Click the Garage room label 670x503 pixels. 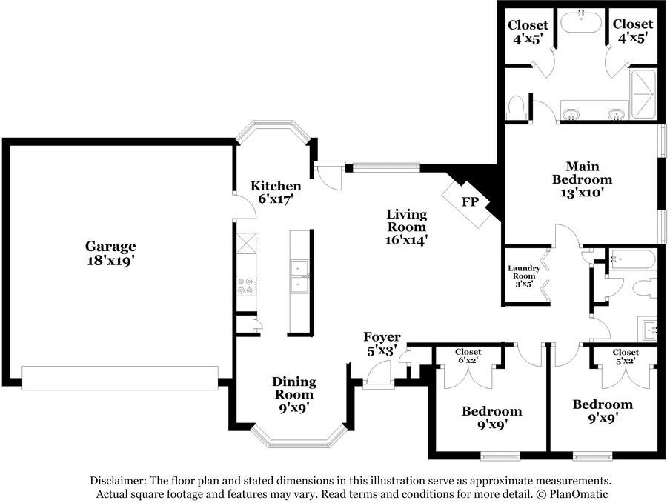pyautogui.click(x=110, y=246)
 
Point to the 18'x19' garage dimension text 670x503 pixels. pyautogui.click(x=110, y=261)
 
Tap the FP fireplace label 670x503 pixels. pyautogui.click(x=470, y=201)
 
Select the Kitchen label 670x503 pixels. pyautogui.click(x=276, y=186)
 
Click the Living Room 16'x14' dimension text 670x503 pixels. pyautogui.click(x=406, y=240)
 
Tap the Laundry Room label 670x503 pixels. pyautogui.click(x=524, y=272)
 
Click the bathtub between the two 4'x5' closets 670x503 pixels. pyautogui.click(x=580, y=23)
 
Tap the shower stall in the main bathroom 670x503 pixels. pyautogui.click(x=643, y=94)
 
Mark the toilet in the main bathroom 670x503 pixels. pyautogui.click(x=516, y=107)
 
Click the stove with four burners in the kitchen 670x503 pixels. pyautogui.click(x=246, y=285)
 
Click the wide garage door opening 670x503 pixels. pyautogui.click(x=120, y=377)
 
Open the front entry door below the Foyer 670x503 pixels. pyautogui.click(x=379, y=377)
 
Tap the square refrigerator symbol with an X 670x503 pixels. pyautogui.click(x=246, y=243)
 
